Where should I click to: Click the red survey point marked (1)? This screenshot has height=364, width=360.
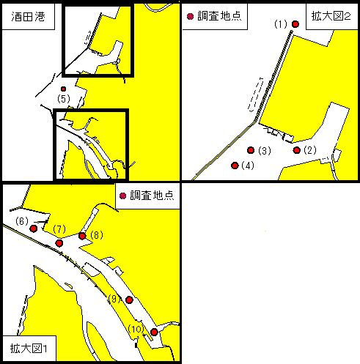[295, 24]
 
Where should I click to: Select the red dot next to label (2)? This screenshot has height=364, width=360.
[297, 150]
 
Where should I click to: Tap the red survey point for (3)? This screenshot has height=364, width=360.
[251, 150]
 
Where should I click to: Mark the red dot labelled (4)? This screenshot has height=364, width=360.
[235, 166]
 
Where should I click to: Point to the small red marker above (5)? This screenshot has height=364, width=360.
[64, 89]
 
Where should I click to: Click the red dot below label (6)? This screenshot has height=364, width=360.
[34, 229]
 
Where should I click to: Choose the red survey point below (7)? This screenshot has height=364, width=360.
[59, 243]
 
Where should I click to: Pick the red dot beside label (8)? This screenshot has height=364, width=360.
[82, 236]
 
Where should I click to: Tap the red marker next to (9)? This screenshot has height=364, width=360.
[129, 300]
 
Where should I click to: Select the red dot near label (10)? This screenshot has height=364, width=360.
[154, 332]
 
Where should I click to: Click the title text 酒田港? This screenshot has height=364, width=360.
[28, 17]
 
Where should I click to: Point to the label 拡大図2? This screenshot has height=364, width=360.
[331, 16]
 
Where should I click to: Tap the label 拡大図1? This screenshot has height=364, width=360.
[29, 349]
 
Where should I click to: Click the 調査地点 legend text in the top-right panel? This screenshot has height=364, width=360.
[219, 16]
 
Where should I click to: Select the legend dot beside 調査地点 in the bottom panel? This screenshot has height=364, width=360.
[122, 196]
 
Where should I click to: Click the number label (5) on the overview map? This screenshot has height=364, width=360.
[64, 99]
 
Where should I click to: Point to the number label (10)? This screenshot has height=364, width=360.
[136, 329]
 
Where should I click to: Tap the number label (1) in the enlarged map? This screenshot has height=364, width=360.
[281, 24]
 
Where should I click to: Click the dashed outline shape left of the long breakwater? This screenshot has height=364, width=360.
[256, 95]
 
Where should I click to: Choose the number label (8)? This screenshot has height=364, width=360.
[97, 235]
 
